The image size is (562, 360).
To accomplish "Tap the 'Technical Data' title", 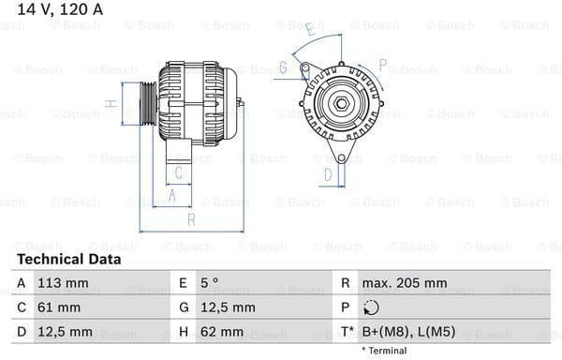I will pos(68,259).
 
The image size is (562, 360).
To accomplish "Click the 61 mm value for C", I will pos(57,307).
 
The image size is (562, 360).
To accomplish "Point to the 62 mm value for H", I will pos(221,332).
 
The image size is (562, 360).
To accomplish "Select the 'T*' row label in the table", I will pos(346,332).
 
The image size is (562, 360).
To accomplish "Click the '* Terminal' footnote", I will pos(384,351).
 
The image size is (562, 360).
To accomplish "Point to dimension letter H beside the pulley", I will pos(111,103).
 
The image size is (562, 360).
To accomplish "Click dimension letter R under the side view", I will pos(191,220).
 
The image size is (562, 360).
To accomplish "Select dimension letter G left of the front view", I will pos(283,67).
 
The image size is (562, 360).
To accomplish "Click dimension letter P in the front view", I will pos(382,65).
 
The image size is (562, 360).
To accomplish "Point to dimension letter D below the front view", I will pos(328,173).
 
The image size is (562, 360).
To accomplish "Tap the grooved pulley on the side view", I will pos(147,102).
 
